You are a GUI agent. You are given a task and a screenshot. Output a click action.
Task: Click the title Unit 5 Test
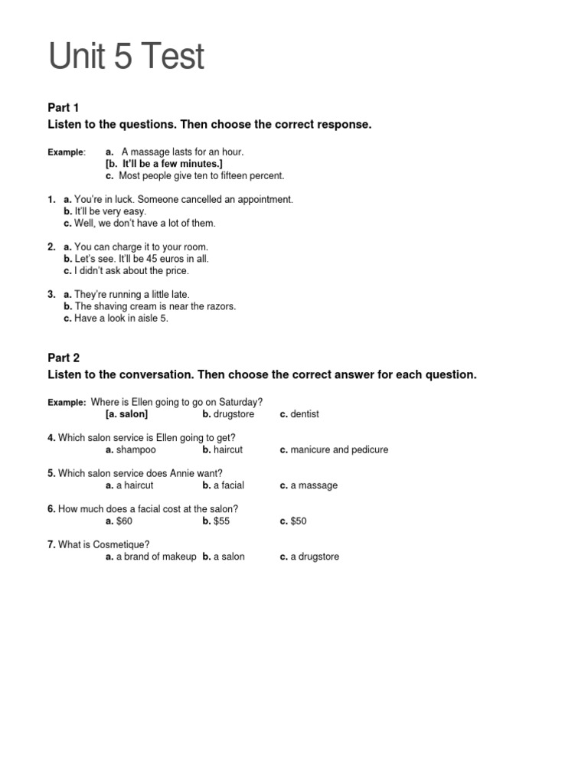coord(126,57)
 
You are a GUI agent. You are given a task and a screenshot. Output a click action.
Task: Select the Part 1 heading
coord(64,107)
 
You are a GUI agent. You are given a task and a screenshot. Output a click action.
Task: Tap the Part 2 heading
coord(64,358)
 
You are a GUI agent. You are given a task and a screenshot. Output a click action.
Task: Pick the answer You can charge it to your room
coord(141,247)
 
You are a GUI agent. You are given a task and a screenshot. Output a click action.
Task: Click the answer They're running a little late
coord(132,295)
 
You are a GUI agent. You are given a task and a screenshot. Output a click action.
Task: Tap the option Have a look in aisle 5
coord(121,318)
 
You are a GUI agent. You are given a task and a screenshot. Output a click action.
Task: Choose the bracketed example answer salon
coord(127,414)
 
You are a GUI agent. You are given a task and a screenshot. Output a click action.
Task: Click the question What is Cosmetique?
coord(104,544)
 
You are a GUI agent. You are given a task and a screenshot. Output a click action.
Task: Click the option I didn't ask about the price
coord(131,271)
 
